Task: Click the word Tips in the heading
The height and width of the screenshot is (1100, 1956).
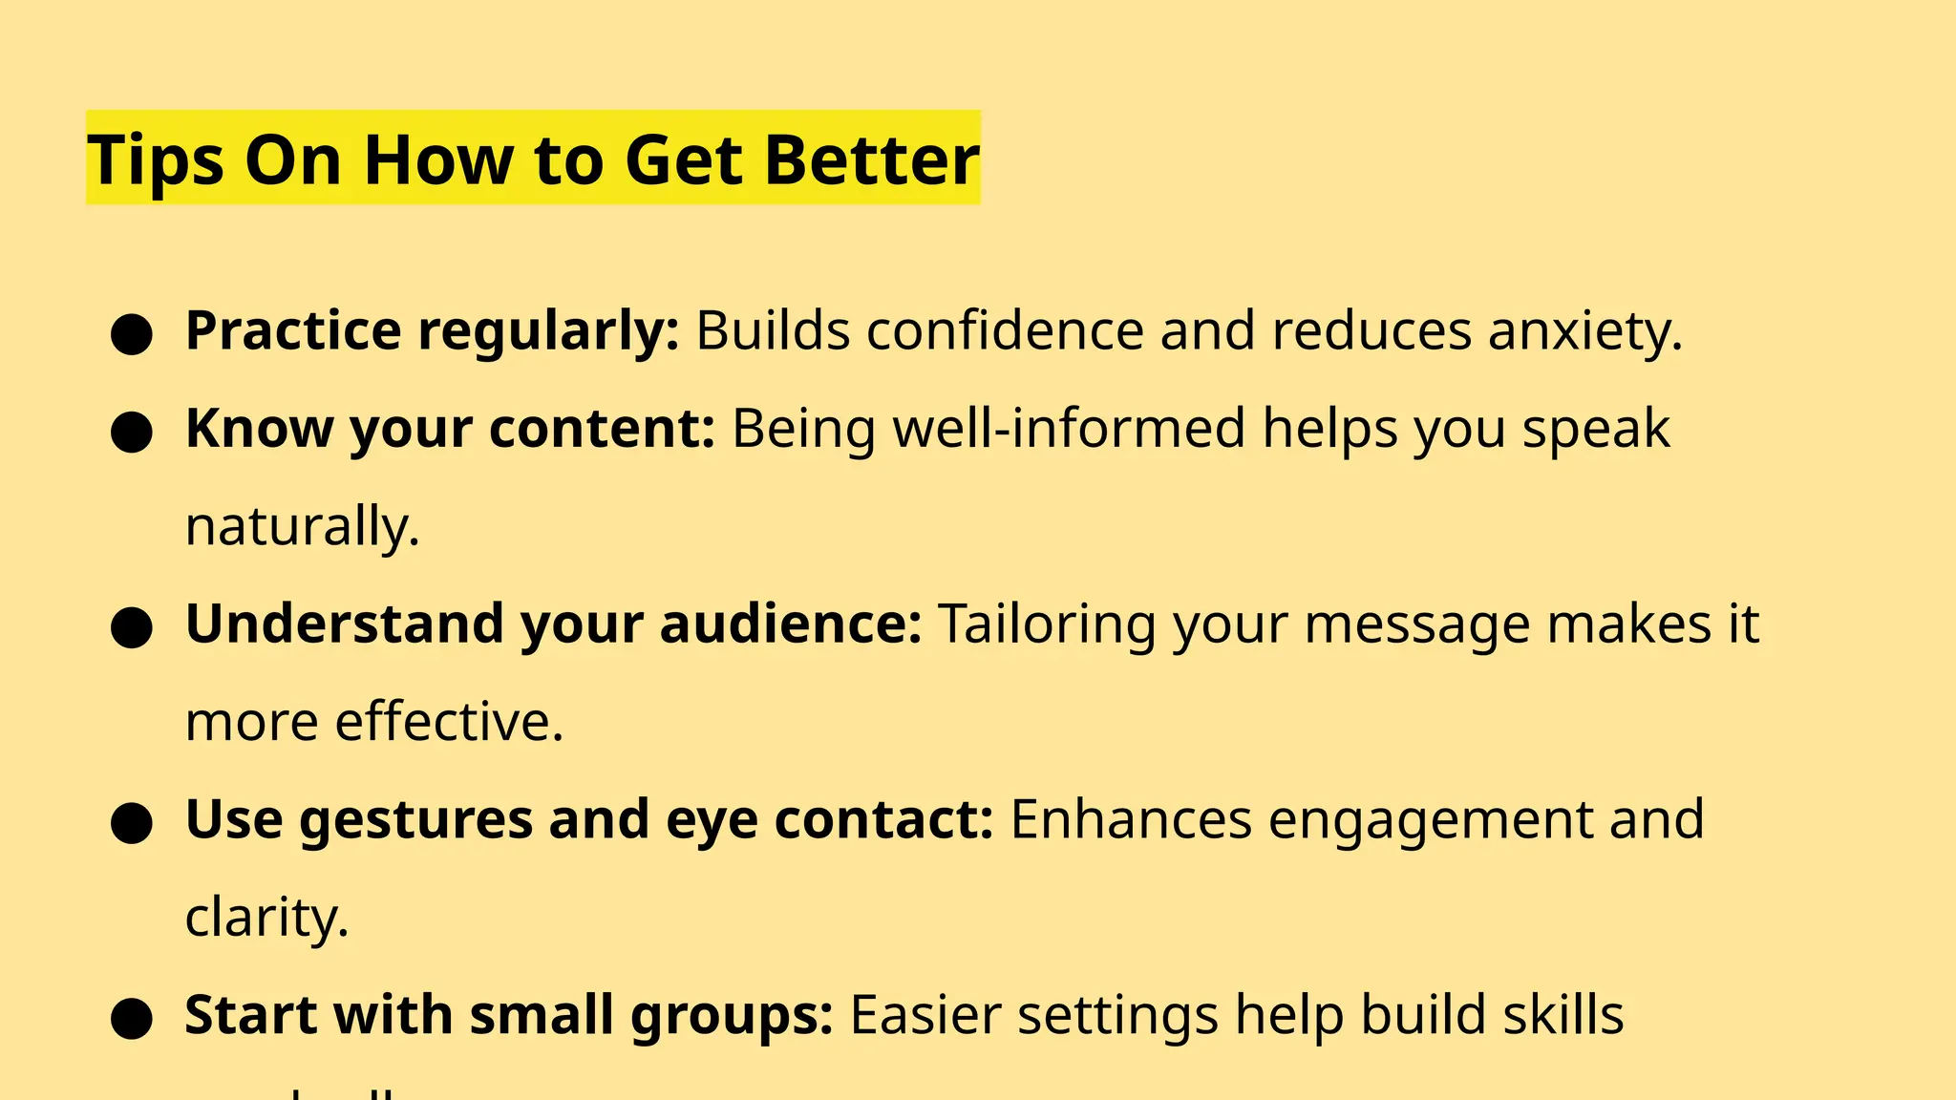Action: tap(156, 160)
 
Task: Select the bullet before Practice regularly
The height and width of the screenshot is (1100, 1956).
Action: tap(132, 334)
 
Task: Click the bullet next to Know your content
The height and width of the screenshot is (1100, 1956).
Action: tap(132, 432)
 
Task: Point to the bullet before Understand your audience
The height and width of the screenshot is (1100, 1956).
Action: tap(132, 627)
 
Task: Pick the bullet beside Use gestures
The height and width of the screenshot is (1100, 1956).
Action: tap(132, 823)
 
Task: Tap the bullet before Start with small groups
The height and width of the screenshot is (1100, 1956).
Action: tap(132, 1018)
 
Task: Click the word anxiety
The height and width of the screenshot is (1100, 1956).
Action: tap(1584, 332)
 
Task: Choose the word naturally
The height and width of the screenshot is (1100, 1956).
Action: tap(302, 527)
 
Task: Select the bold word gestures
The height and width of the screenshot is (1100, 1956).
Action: tap(415, 821)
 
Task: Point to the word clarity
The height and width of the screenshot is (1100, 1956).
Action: tap(266, 919)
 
